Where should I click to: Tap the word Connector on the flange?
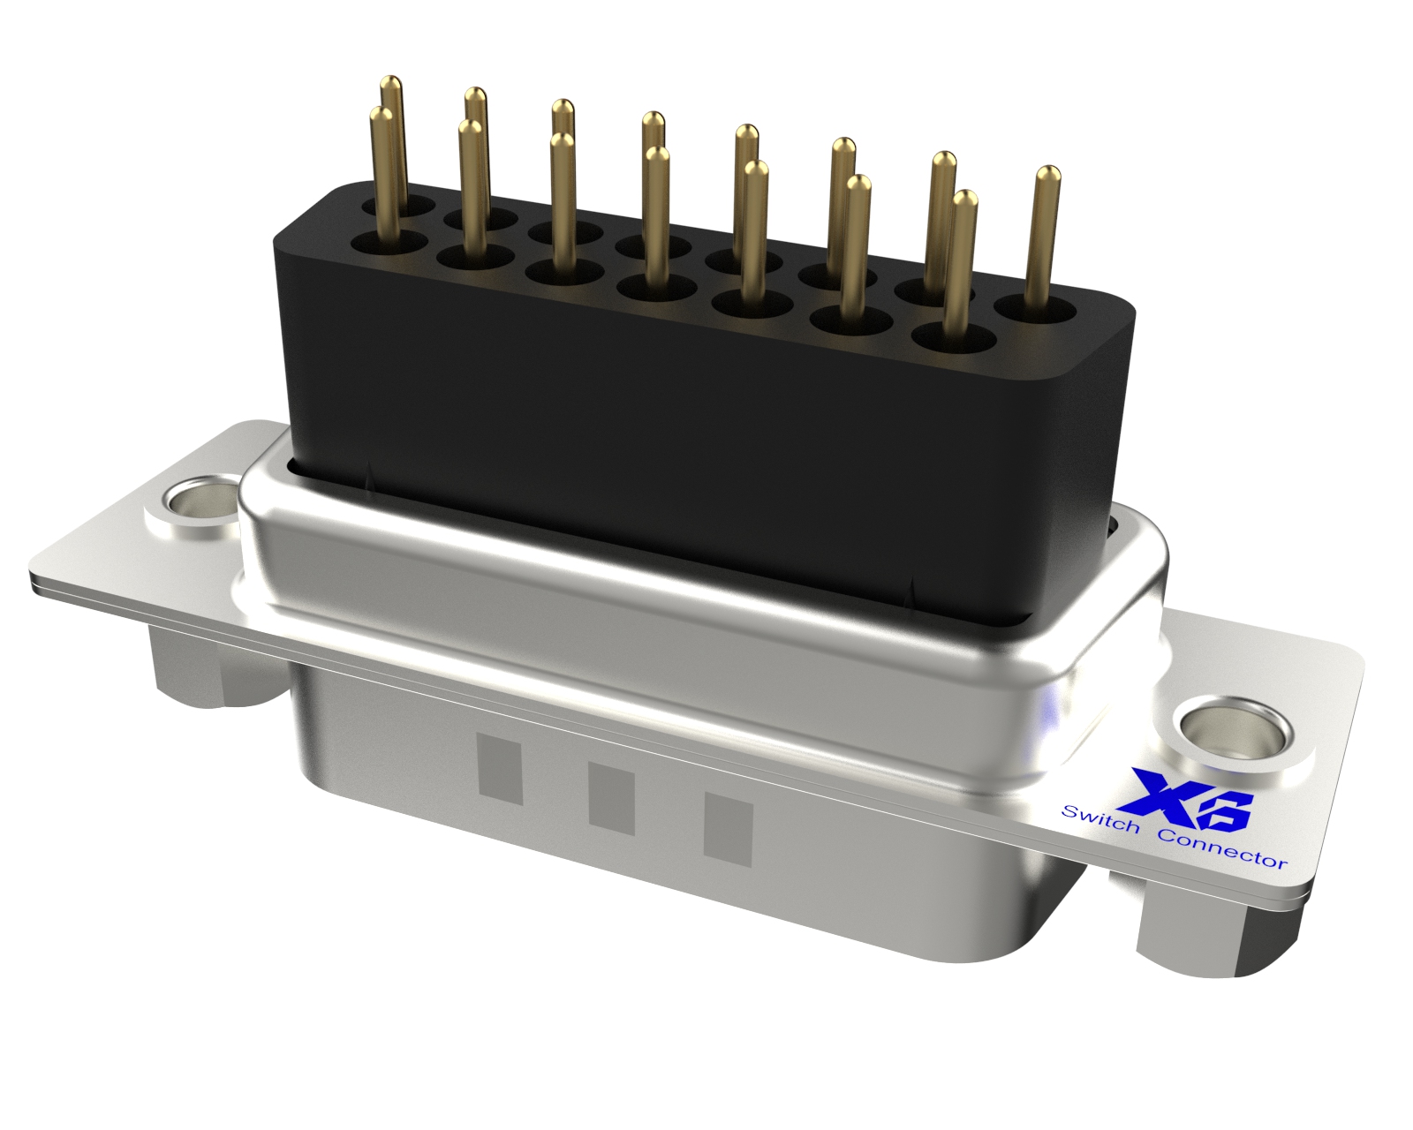coord(1222,851)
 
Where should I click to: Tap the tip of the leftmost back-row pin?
coord(390,80)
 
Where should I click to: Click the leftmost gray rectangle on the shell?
coord(501,770)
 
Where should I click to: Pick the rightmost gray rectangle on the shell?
coord(728,826)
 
